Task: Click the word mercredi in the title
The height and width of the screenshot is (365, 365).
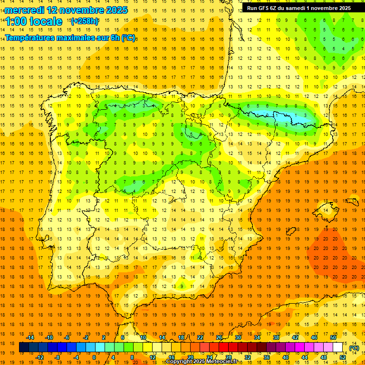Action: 26,10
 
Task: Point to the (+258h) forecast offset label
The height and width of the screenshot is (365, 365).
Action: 84,21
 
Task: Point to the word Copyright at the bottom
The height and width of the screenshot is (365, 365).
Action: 179,362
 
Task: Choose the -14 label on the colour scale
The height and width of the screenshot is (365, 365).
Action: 30,337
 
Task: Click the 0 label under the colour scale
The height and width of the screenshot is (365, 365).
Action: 94,357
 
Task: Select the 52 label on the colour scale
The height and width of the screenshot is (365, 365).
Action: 343,357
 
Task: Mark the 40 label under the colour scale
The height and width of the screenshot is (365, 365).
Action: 286,357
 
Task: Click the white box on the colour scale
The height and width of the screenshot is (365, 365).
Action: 337,347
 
